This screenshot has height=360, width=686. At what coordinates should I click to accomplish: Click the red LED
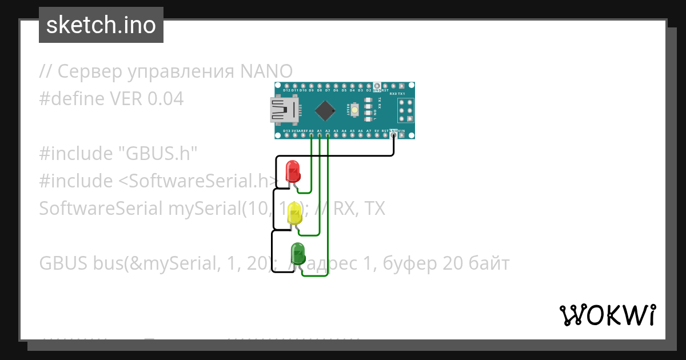(292, 171)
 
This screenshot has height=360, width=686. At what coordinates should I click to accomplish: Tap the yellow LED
(295, 213)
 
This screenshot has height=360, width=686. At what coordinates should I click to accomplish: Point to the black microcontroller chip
(325, 110)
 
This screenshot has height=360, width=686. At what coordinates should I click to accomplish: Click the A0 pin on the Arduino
(311, 135)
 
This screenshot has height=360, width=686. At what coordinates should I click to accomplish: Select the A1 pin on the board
(319, 135)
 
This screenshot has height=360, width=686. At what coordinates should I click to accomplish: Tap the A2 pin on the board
(328, 135)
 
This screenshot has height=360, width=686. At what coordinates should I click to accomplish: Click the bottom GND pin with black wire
(393, 135)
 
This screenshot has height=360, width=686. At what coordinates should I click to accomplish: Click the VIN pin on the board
(402, 135)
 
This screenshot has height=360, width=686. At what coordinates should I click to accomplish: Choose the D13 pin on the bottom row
(286, 135)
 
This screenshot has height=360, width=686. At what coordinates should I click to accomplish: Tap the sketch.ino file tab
(101, 25)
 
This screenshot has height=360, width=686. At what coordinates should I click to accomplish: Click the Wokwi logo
(607, 315)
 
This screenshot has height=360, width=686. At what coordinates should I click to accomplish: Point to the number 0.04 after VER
(166, 99)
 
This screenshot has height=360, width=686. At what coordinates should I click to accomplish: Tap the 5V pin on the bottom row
(377, 135)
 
